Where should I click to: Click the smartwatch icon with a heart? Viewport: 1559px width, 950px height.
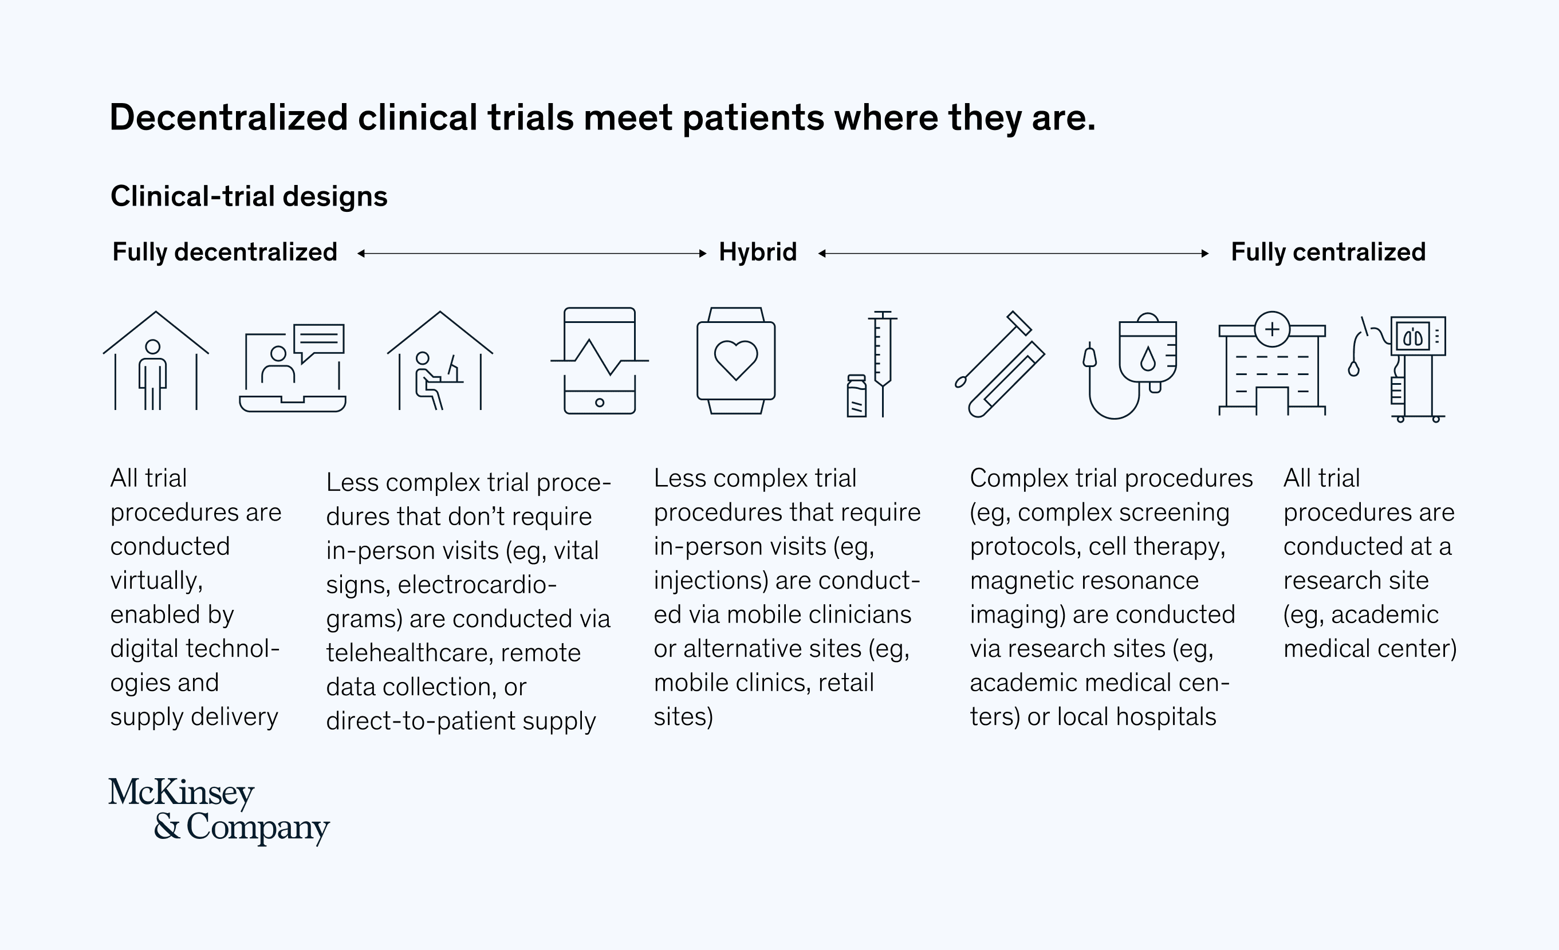736,361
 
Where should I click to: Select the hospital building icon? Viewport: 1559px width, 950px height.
1271,365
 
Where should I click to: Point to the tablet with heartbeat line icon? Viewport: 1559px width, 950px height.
599,361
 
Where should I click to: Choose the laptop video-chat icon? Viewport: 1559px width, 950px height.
293,368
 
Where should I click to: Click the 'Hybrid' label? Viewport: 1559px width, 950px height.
757,252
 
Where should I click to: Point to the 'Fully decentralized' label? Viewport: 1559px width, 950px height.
225,252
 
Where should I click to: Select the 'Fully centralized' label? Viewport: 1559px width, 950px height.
1328,252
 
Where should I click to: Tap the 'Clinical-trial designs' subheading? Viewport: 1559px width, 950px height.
249,196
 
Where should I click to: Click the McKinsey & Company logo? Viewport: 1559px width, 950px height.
218,811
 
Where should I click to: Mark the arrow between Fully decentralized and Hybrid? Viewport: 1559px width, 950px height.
532,254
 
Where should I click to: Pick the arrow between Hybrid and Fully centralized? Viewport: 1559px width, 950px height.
1013,254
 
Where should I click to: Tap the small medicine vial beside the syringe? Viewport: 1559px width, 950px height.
856,397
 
